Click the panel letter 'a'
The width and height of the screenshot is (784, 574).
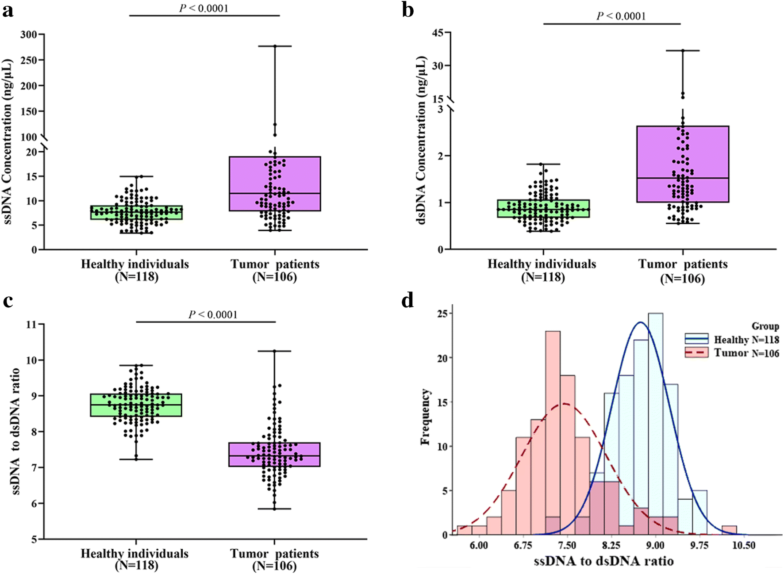[8, 10]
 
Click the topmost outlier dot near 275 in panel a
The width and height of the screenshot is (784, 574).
[275, 46]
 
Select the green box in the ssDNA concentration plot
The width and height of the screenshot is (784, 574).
[136, 213]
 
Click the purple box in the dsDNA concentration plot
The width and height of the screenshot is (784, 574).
[683, 164]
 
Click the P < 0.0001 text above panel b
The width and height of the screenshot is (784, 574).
[621, 16]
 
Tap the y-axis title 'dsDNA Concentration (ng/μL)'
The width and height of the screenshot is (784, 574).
[422, 141]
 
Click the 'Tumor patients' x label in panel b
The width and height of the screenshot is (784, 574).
[683, 264]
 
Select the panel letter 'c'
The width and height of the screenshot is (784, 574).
[8, 301]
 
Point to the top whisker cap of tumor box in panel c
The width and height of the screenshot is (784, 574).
[274, 351]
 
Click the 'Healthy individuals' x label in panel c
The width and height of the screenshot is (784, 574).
[135, 554]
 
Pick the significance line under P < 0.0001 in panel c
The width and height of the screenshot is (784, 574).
[206, 322]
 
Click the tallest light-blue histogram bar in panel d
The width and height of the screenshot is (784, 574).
[655, 425]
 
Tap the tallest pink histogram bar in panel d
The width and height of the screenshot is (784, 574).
[553, 433]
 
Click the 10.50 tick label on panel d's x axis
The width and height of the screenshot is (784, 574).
[743, 545]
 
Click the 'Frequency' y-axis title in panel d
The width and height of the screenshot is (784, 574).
[426, 417]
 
